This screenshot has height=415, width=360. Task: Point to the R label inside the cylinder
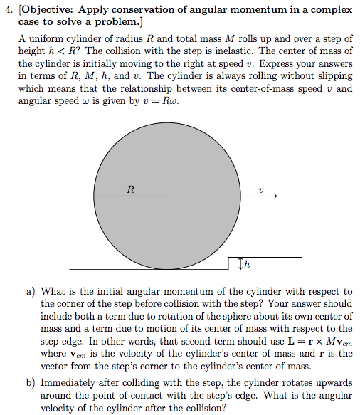pyautogui.click(x=129, y=189)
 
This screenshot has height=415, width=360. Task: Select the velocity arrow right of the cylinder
pyautogui.click(x=264, y=196)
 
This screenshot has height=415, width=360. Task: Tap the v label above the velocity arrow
pyautogui.click(x=261, y=189)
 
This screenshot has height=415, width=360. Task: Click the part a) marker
pyautogui.click(x=31, y=291)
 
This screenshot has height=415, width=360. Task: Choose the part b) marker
pyautogui.click(x=31, y=382)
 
